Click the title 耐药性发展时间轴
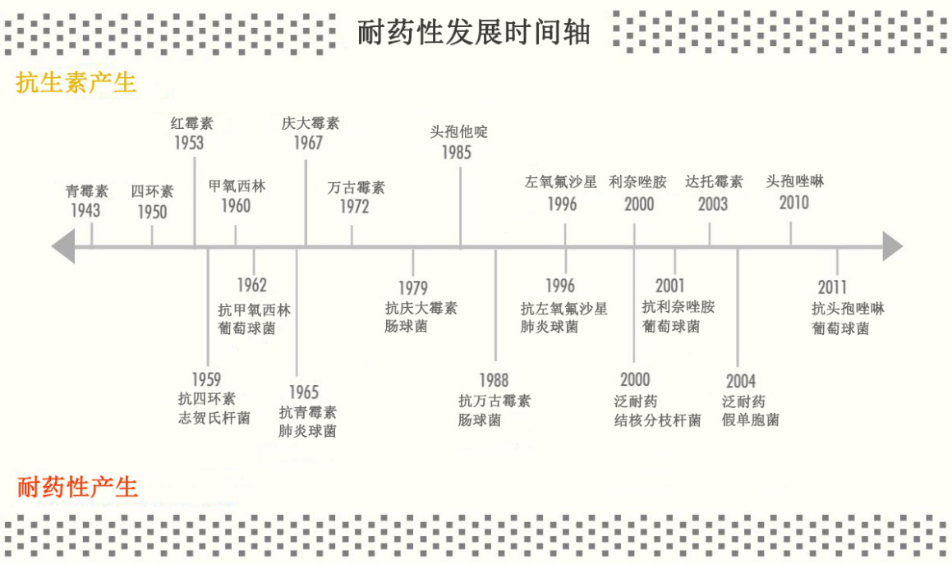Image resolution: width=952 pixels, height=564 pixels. (x=474, y=33)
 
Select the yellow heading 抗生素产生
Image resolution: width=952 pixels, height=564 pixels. (x=76, y=83)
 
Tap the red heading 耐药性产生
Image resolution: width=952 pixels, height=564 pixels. (x=77, y=487)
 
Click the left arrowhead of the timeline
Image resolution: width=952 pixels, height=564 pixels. (x=63, y=246)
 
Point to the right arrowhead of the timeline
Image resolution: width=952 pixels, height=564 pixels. (x=892, y=246)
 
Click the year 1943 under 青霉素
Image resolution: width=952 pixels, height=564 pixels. (x=85, y=211)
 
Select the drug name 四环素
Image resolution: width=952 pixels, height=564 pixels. (x=152, y=192)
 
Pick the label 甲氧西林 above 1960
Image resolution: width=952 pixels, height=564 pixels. (x=237, y=186)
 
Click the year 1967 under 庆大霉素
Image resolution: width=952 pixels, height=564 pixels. (x=308, y=143)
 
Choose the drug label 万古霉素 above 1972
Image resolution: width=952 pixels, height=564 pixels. (x=356, y=187)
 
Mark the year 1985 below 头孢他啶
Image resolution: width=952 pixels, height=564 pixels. (x=458, y=153)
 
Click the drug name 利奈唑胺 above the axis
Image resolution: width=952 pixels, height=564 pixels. (x=637, y=182)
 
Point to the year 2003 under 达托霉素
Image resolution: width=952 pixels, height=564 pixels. (x=713, y=204)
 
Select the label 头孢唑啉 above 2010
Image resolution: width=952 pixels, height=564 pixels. (x=794, y=182)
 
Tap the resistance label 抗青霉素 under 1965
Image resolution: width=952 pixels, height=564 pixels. (x=307, y=412)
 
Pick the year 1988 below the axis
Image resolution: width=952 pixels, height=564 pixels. (x=494, y=381)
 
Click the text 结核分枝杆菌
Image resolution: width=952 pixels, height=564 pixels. (x=657, y=421)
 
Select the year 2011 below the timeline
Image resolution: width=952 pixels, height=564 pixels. (x=832, y=288)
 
